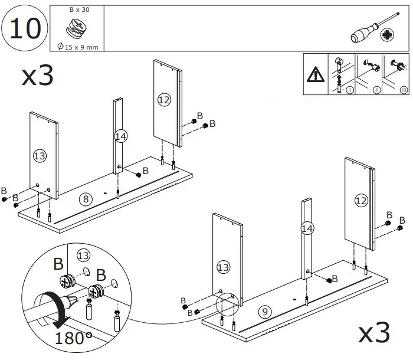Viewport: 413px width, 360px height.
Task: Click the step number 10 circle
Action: pyautogui.click(x=25, y=28)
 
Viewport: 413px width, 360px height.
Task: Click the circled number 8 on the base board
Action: pyautogui.click(x=86, y=199)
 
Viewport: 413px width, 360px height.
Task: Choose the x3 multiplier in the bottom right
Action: pyautogui.click(x=374, y=334)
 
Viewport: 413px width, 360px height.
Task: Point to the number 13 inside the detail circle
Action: pyautogui.click(x=83, y=256)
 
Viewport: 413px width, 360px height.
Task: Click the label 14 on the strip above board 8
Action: pyautogui.click(x=120, y=136)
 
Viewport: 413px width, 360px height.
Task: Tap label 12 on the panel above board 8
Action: pyautogui.click(x=164, y=100)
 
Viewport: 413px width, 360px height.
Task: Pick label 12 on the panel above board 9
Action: pyautogui.click(x=360, y=201)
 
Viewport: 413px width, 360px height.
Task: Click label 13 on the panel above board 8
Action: pyautogui.click(x=40, y=156)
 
